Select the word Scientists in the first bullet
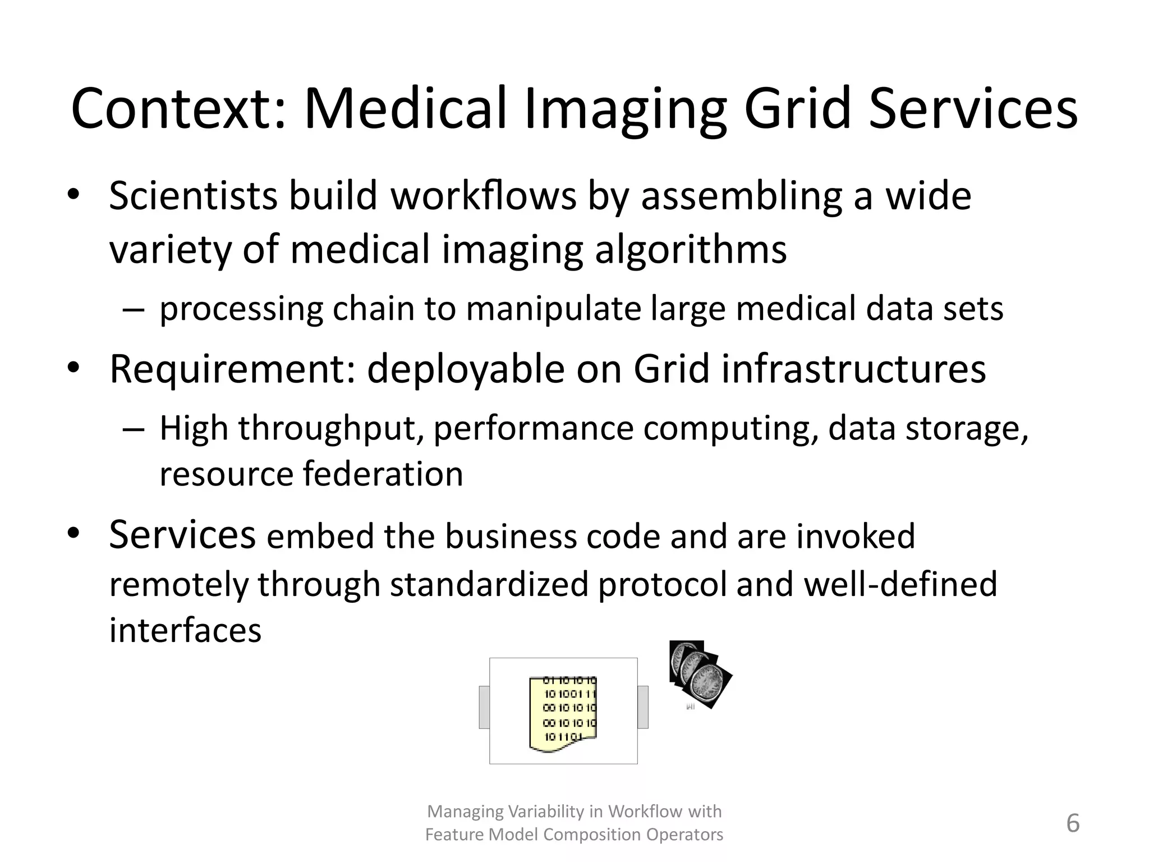click(193, 196)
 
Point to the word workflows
click(484, 196)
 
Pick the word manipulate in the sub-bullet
click(553, 309)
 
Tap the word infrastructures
click(853, 369)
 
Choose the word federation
click(383, 474)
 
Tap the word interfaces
click(185, 630)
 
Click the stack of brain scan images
click(699, 674)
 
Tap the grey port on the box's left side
click(484, 707)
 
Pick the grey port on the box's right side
click(643, 707)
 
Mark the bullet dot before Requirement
click(73, 368)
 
